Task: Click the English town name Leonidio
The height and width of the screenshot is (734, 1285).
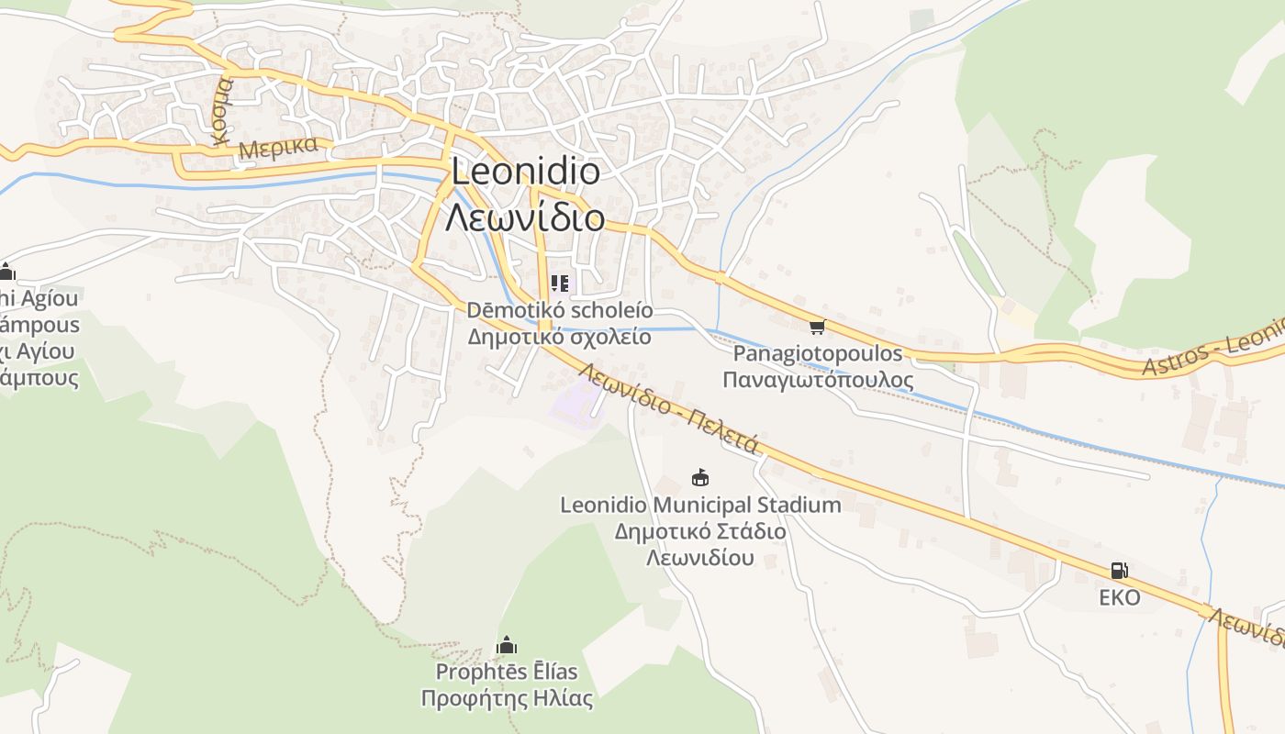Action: pyautogui.click(x=525, y=172)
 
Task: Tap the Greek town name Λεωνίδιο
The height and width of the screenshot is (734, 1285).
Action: pyautogui.click(x=525, y=218)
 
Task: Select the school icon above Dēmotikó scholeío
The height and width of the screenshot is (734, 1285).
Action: pyautogui.click(x=560, y=284)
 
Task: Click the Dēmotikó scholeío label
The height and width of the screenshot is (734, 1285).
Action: pyautogui.click(x=560, y=310)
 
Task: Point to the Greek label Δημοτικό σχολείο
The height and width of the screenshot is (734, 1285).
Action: pyautogui.click(x=560, y=337)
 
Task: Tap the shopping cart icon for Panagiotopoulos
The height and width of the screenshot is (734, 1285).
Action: pyautogui.click(x=817, y=328)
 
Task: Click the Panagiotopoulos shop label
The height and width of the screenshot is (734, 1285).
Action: pyautogui.click(x=818, y=353)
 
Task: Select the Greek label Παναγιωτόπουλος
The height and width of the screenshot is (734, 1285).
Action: pyautogui.click(x=818, y=380)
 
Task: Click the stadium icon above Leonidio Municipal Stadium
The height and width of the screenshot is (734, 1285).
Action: pyautogui.click(x=700, y=478)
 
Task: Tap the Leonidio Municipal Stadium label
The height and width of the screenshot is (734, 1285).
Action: pyautogui.click(x=700, y=505)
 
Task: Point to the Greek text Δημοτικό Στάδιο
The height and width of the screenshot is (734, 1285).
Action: pyautogui.click(x=700, y=531)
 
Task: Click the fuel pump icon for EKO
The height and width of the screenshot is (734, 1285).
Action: pyautogui.click(x=1119, y=571)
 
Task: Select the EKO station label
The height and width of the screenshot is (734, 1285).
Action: pyautogui.click(x=1120, y=598)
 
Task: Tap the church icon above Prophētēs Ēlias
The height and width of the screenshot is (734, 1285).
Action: pyautogui.click(x=507, y=646)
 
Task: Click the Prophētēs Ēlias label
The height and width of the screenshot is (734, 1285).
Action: pyautogui.click(x=507, y=672)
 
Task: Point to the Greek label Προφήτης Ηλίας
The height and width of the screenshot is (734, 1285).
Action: pyautogui.click(x=507, y=698)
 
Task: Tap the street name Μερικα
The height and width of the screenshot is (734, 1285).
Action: pyautogui.click(x=277, y=148)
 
